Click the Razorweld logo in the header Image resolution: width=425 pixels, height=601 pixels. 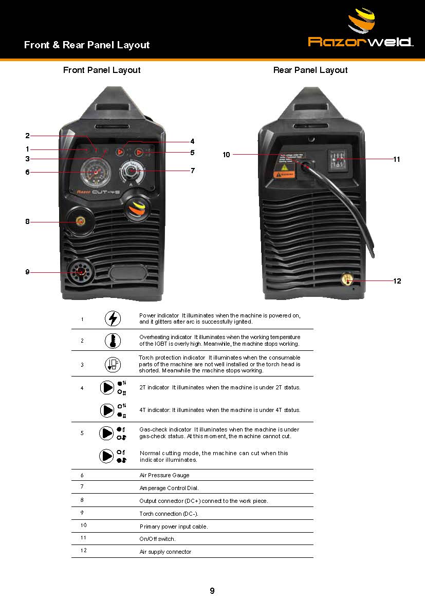[x=361, y=31]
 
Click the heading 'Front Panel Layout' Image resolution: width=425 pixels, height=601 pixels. [x=102, y=70]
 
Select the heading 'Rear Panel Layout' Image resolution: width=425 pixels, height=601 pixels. [x=310, y=70]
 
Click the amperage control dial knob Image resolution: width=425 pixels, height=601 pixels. [x=132, y=171]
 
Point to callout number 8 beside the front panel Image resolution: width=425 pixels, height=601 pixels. [x=27, y=222]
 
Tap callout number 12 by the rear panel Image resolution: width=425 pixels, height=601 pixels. [x=397, y=281]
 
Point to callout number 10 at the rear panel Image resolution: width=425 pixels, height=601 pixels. [x=226, y=155]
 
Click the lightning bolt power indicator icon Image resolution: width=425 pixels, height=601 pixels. [x=113, y=318]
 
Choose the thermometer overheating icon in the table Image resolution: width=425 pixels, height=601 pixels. [x=113, y=340]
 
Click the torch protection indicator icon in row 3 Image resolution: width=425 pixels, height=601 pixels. [x=113, y=364]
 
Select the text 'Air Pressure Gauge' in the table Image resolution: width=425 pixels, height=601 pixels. [x=164, y=476]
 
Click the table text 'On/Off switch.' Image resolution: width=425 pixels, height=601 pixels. [x=157, y=539]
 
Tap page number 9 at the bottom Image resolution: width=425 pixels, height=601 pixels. [x=212, y=591]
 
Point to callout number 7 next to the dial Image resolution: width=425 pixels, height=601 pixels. [x=193, y=171]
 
